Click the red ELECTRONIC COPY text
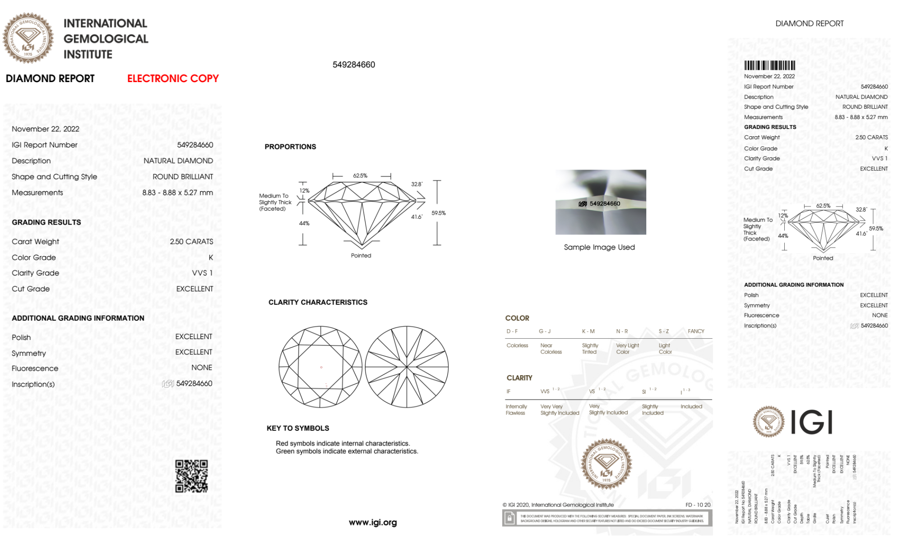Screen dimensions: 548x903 click(173, 78)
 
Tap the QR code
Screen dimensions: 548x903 click(191, 476)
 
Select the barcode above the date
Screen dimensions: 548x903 click(769, 65)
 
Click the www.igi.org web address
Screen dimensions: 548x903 click(373, 522)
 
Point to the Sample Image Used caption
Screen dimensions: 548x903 click(599, 247)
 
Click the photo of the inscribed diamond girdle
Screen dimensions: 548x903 click(601, 202)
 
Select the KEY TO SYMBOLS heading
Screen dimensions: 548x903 click(298, 428)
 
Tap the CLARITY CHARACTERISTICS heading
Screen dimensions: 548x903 click(318, 302)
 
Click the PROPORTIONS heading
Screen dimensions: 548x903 click(290, 147)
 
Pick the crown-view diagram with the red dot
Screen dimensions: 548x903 click(320, 367)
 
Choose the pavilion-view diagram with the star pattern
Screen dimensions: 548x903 click(407, 367)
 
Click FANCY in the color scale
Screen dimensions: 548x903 click(696, 331)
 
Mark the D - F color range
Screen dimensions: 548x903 click(512, 331)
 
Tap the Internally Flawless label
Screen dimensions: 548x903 click(516, 410)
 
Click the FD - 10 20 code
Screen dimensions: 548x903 click(698, 505)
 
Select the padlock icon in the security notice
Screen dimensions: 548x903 click(509, 518)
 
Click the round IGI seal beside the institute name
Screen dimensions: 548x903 click(28, 38)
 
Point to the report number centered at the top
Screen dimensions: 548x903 click(354, 64)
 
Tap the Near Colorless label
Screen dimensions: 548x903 click(551, 349)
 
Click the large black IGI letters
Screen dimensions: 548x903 click(811, 422)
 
